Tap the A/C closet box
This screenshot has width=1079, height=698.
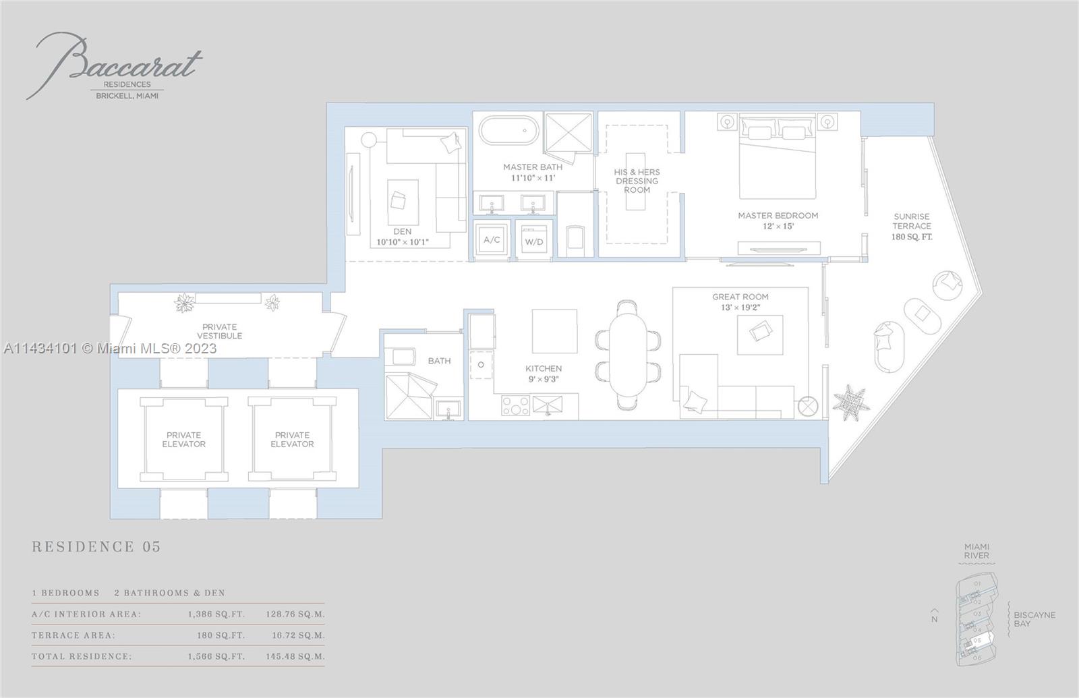pos(492,239)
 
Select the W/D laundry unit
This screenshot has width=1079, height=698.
pos(534,241)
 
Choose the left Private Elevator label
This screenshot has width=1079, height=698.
pos(183,440)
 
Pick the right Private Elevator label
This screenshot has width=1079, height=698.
pos(292,440)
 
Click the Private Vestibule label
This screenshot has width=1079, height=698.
pos(220,331)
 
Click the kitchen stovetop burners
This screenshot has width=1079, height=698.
pos(515,405)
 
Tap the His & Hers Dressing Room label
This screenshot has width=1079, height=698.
pos(637,181)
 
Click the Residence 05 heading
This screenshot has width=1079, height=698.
pos(96,547)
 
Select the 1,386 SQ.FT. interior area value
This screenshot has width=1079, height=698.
pos(216,614)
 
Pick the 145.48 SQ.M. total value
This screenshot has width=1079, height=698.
pos(295,656)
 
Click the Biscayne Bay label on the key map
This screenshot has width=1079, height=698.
pos(1034,619)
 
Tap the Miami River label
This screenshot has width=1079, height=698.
pos(976,551)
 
